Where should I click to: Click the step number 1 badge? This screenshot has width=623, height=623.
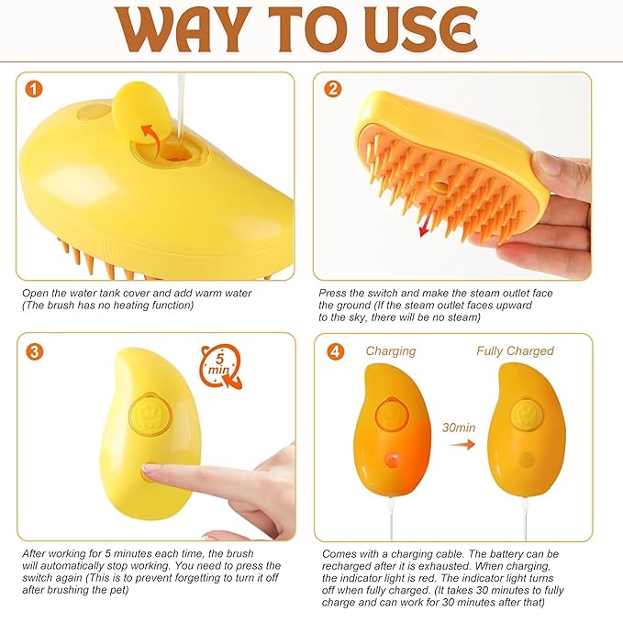click(34, 90)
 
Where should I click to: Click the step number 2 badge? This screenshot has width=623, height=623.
click(332, 90)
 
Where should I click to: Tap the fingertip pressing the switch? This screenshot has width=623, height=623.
click(150, 473)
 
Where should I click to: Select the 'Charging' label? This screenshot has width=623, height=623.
click(390, 351)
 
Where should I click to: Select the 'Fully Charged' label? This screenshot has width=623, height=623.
click(515, 351)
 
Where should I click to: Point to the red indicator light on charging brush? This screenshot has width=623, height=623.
click(391, 456)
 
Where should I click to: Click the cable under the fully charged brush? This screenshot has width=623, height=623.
click(524, 523)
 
